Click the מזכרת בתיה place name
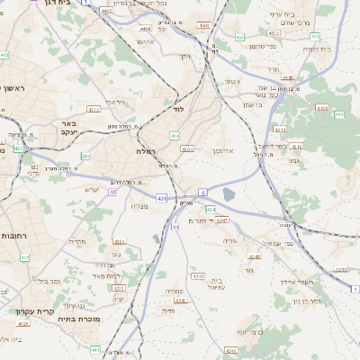75,318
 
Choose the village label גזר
248,269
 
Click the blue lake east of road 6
229,193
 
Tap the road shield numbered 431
161,196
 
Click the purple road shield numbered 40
112,192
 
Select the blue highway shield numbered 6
203,191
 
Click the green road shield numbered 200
85,156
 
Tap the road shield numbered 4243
221,219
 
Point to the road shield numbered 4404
146,29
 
